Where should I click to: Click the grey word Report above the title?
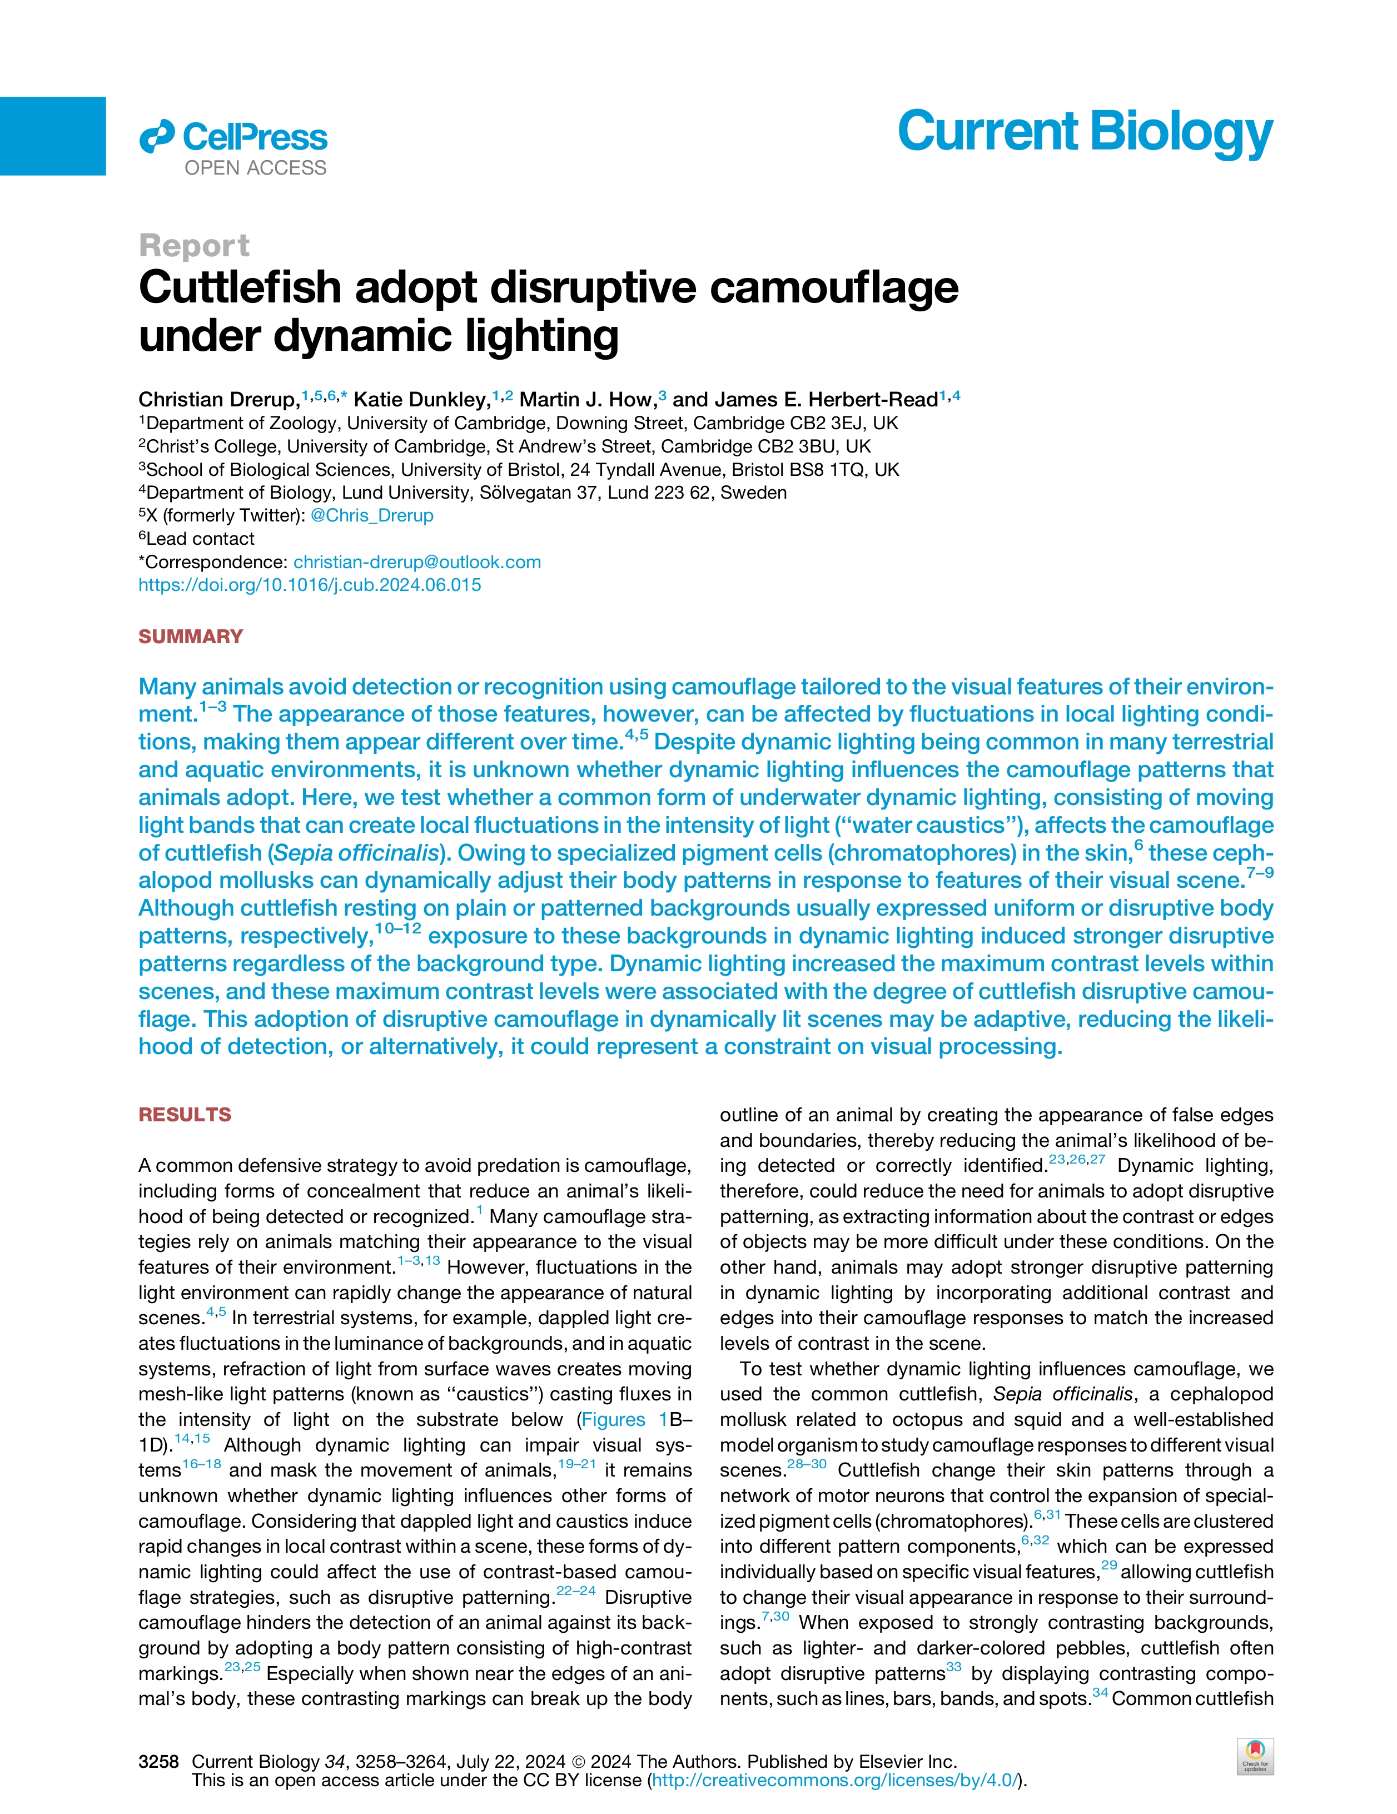point(193,246)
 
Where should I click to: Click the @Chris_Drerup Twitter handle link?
point(371,516)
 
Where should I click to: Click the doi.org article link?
point(309,585)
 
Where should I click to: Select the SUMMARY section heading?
point(190,637)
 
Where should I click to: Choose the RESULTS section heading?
point(185,1115)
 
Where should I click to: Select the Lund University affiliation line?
point(462,493)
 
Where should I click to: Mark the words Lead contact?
point(200,539)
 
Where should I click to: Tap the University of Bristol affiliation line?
point(518,469)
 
